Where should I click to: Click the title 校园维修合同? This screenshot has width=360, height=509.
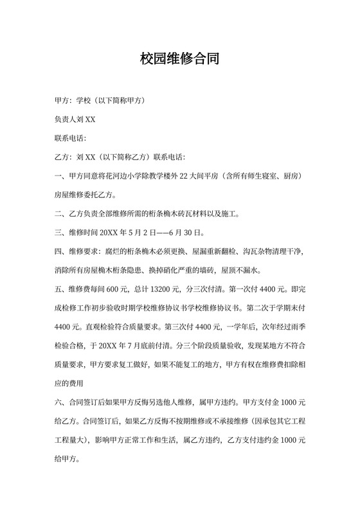(x=180, y=60)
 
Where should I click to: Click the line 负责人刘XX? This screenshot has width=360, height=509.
(x=76, y=120)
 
